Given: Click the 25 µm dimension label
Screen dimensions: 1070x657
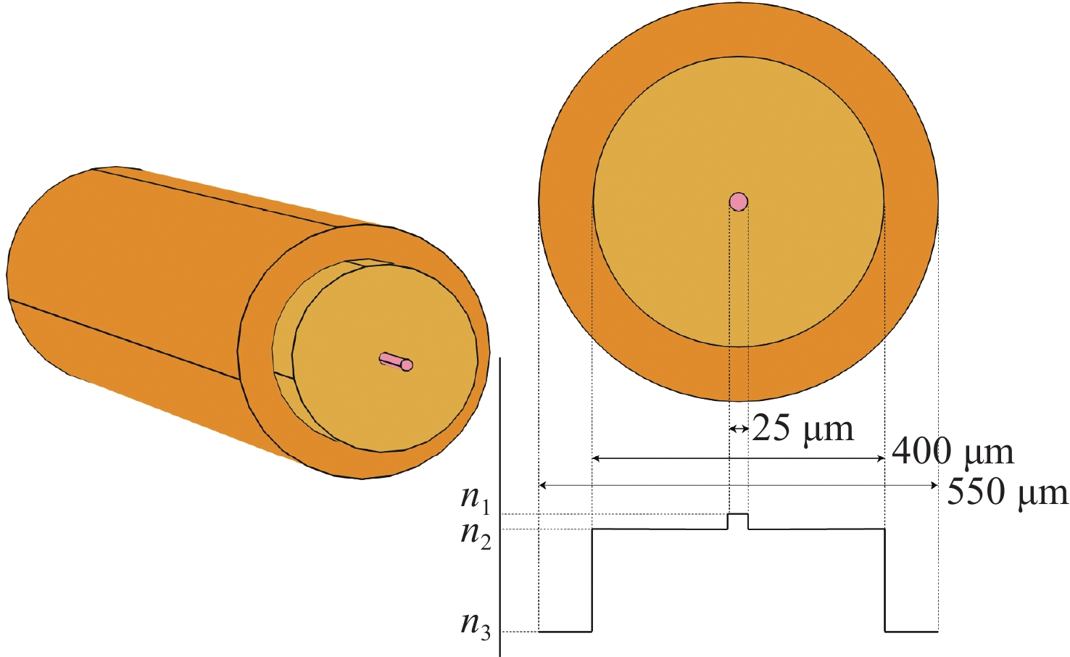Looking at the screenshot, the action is click(x=803, y=429).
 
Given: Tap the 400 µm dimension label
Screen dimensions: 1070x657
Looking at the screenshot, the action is click(x=953, y=453).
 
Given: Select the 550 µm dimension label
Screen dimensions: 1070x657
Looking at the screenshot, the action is click(x=1007, y=492).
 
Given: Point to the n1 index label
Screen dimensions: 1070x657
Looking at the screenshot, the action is click(x=476, y=500).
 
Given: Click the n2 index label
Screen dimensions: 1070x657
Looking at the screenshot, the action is click(x=476, y=535).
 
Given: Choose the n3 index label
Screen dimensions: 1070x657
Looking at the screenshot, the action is click(x=476, y=626).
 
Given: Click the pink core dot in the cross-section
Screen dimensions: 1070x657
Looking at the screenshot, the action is click(x=739, y=202).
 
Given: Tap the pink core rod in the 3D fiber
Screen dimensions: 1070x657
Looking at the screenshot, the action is click(x=396, y=361).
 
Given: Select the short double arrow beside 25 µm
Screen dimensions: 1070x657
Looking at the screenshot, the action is click(x=739, y=429).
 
